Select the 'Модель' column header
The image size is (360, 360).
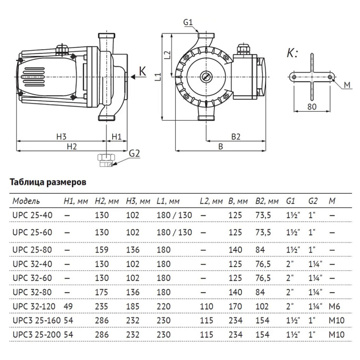tap(26, 201)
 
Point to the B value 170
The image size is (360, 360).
tap(235, 304)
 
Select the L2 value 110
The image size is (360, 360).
tap(206, 304)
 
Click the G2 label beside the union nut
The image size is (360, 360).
tap(135, 153)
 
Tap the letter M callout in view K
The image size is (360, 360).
tap(347, 85)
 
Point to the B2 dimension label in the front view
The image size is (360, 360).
tap(235, 136)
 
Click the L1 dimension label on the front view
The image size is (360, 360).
tap(158, 77)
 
